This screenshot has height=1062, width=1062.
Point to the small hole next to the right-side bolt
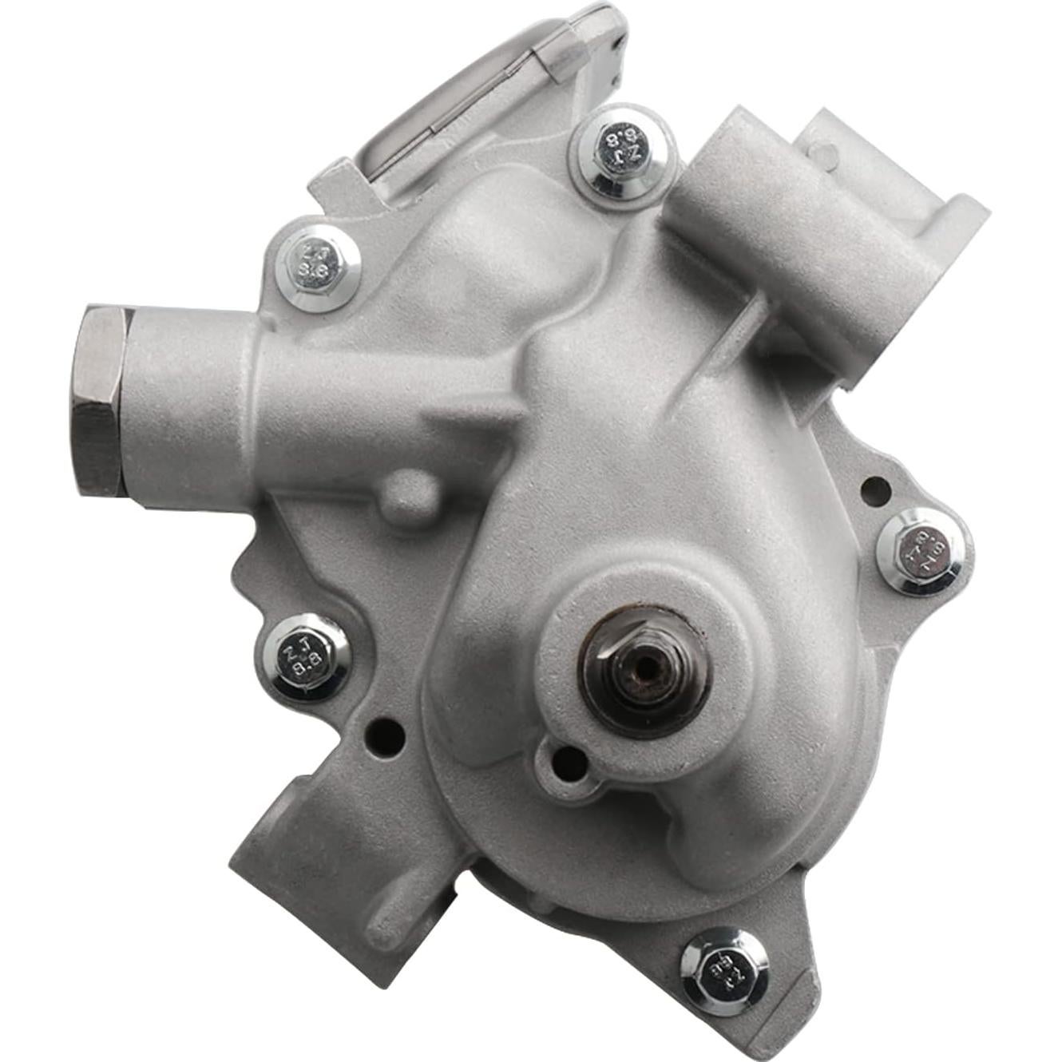coord(874,487)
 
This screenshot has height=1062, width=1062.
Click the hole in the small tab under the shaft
coord(568,763)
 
